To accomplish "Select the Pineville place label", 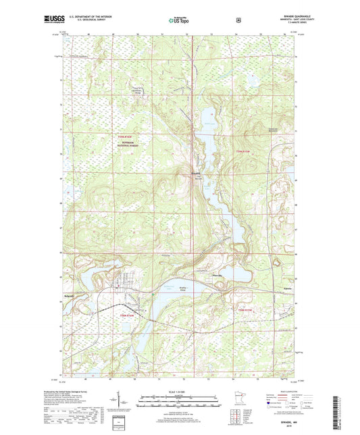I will coord(209,275).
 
